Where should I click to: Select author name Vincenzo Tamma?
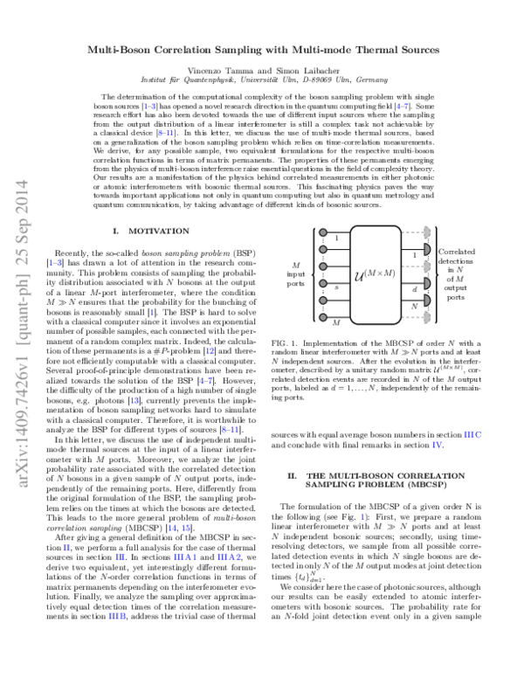(219, 67)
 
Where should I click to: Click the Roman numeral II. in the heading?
(292, 475)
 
